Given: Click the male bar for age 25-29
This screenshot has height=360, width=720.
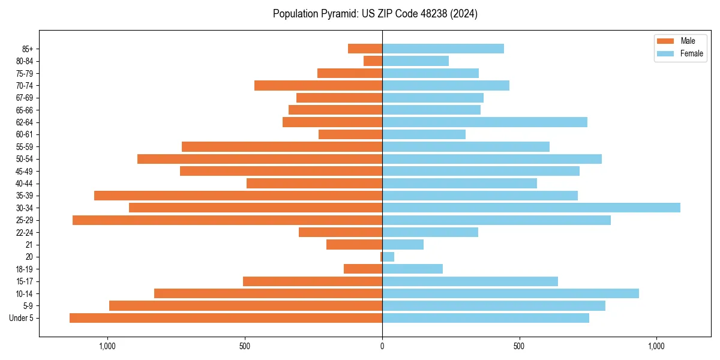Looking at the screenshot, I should point(227,220).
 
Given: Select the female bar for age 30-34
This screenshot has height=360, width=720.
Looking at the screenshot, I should point(531,208).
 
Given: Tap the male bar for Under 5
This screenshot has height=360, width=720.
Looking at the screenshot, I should point(226,318).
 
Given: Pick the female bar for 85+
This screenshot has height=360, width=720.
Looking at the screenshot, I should point(443,49).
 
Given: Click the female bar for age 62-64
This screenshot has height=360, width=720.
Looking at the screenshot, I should point(485,122).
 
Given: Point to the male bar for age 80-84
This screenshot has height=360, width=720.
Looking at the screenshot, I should point(373,61).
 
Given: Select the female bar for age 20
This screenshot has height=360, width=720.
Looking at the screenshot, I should point(388,257).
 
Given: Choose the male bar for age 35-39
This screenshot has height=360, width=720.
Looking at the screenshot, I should point(238,196).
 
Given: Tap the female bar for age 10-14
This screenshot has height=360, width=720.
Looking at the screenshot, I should point(511,293).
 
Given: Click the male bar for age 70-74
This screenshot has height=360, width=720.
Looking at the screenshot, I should point(318,86).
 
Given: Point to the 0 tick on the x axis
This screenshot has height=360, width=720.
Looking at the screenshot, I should point(382,346).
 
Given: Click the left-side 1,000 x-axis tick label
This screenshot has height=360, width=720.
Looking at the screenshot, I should point(107,346).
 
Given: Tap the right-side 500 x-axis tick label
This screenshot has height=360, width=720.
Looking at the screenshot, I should point(520,346).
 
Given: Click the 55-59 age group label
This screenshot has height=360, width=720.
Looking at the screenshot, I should point(25,147).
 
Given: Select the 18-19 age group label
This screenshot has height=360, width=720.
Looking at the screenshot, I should point(25,269).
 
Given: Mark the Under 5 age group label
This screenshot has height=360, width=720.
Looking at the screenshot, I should point(22,318).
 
